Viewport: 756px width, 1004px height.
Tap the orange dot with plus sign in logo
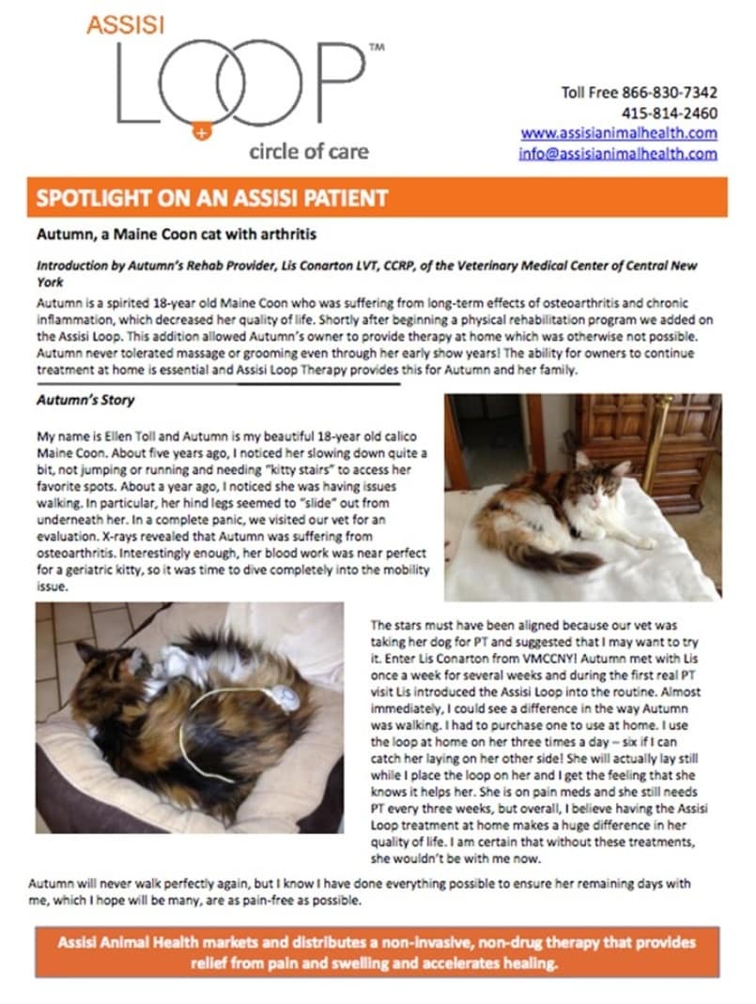pos(201,131)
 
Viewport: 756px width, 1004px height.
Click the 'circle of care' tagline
pos(309,151)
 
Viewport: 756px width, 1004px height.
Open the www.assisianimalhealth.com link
pos(619,133)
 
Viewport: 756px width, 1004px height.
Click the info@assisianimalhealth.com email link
pos(617,153)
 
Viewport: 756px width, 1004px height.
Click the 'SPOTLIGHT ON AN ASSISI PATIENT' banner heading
pos(211,198)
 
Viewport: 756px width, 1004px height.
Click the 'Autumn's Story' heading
pos(85,400)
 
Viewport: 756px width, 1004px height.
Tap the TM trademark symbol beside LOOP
pos(376,45)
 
